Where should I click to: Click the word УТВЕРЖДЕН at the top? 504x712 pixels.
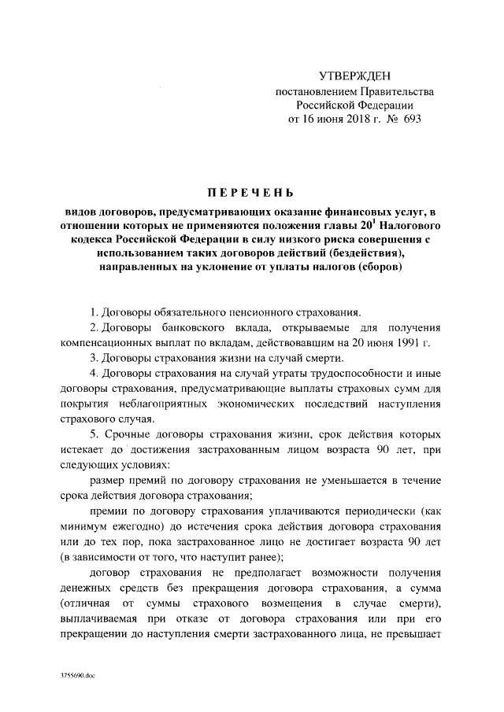[354, 76]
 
